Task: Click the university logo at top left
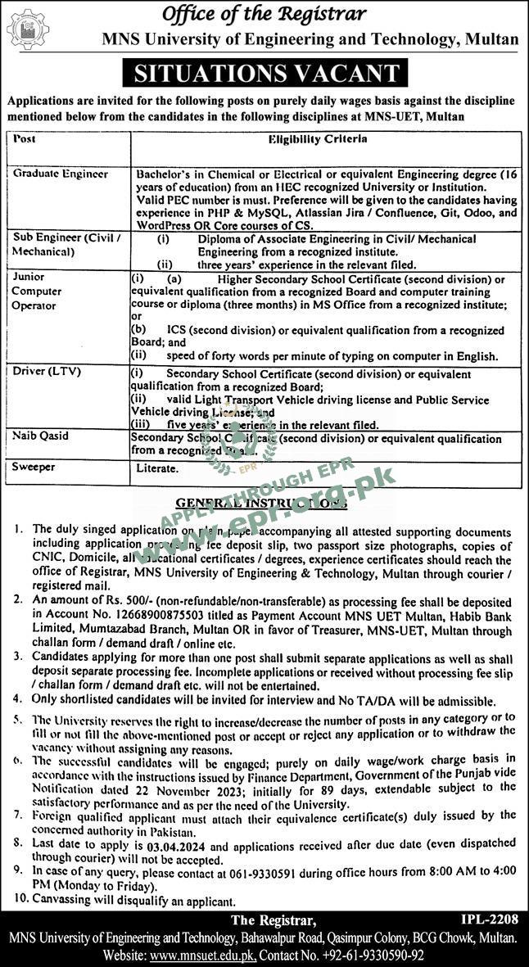27,30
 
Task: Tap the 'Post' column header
25,139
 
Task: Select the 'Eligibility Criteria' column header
318,139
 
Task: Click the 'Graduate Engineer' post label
61,174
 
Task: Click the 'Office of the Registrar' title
264,14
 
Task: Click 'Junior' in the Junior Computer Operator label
29,278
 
